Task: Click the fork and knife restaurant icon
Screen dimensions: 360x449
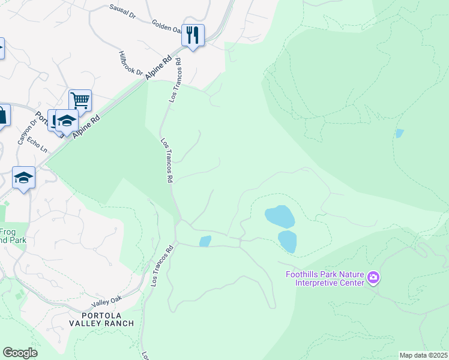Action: pos(193,34)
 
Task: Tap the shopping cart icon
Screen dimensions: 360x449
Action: pos(80,100)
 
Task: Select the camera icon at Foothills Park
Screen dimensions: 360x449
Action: pos(373,277)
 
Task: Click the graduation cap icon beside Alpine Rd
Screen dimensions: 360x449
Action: pos(67,121)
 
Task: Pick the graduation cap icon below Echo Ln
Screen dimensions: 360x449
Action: pos(23,177)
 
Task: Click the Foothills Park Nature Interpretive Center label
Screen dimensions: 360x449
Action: pos(324,279)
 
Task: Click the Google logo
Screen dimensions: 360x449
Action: pos(20,353)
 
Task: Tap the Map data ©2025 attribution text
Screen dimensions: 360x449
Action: pos(423,355)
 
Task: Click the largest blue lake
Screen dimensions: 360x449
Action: pos(280,216)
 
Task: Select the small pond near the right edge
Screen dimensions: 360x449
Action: pos(399,133)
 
